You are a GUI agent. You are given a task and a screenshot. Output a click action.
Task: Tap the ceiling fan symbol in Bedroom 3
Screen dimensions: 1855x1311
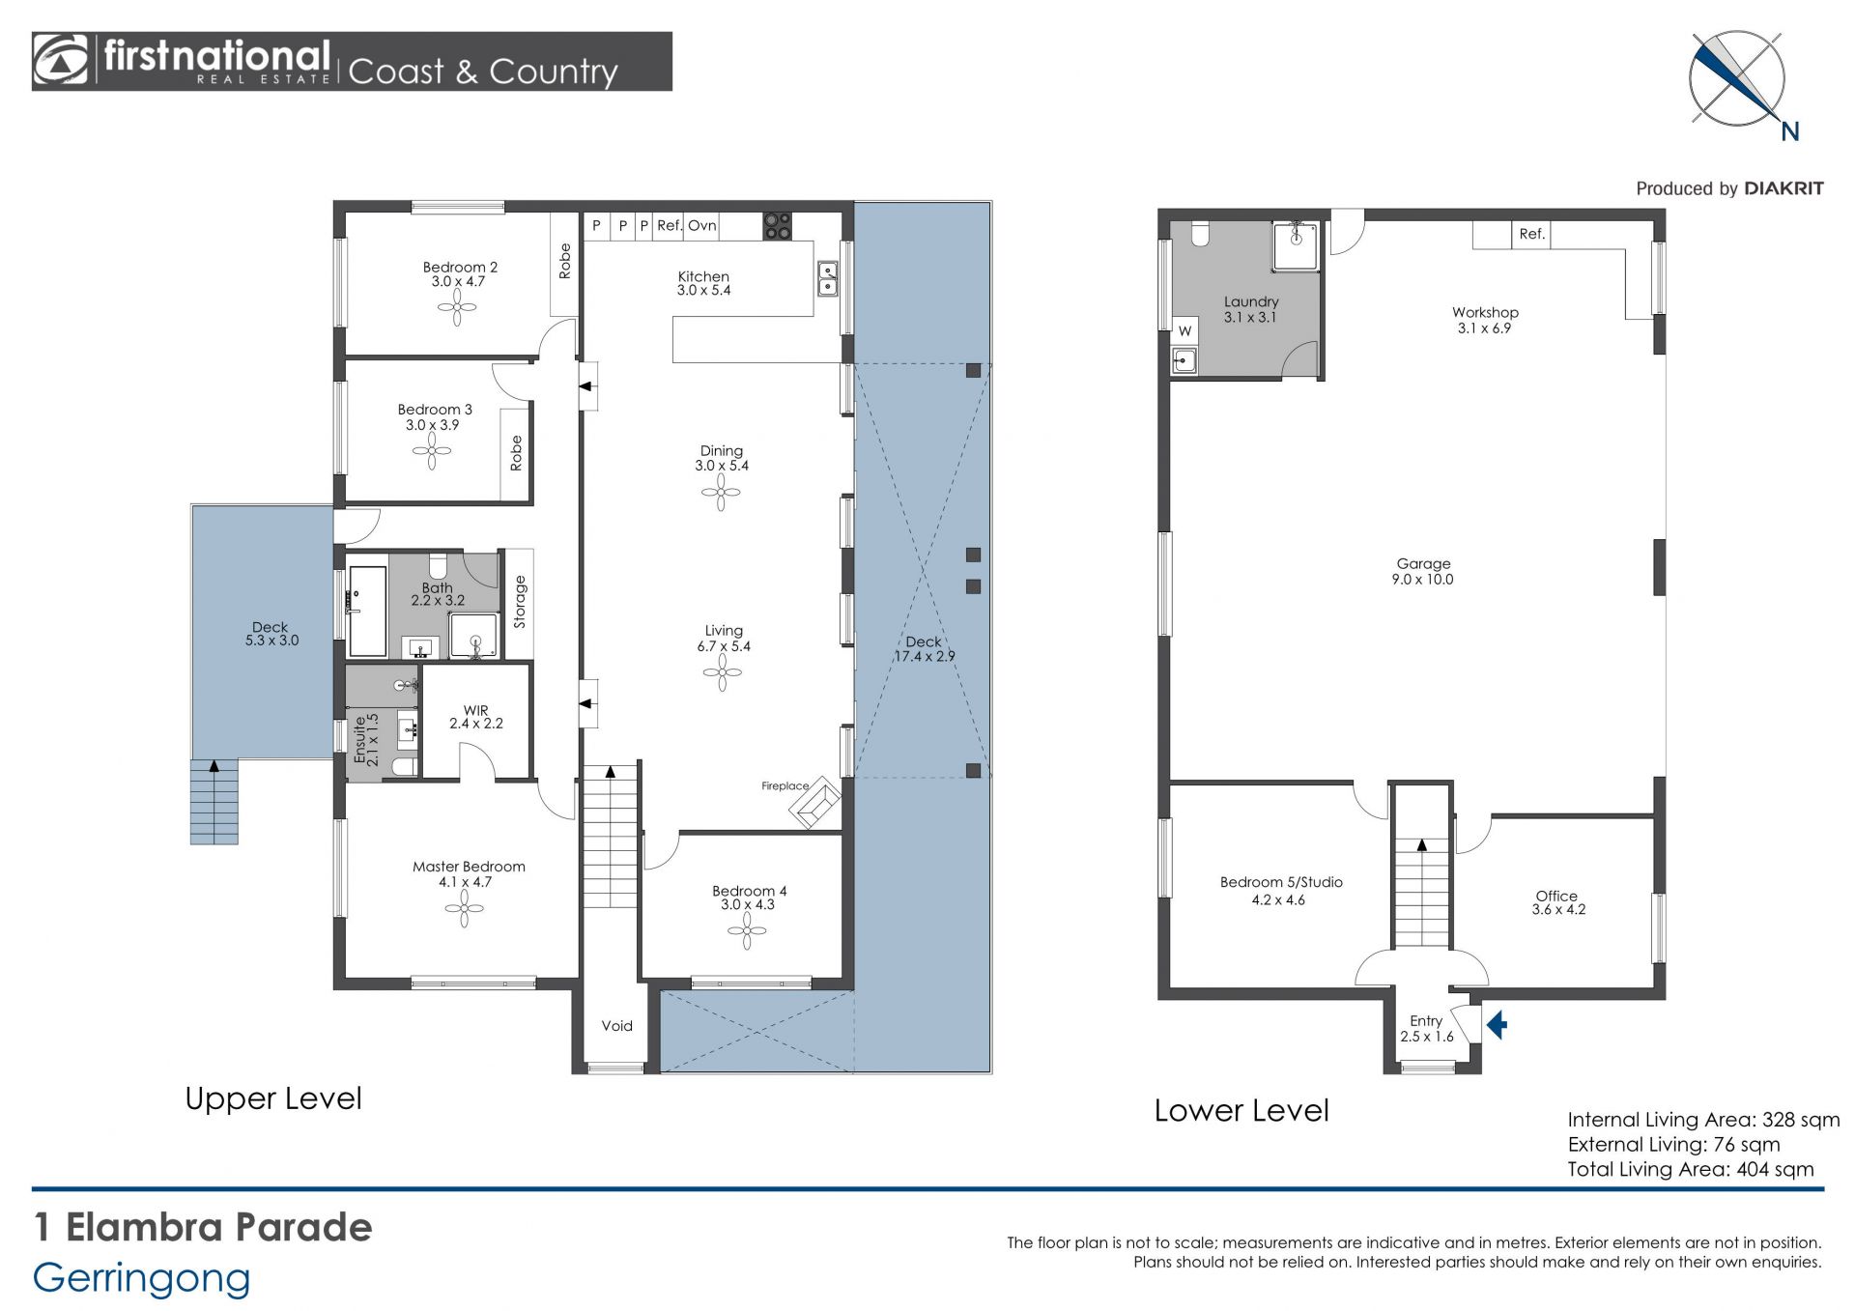(x=432, y=451)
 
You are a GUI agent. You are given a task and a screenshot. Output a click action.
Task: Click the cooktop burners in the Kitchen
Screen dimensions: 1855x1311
(x=778, y=226)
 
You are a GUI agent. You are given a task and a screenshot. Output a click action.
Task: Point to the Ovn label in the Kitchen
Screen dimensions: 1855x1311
(x=702, y=225)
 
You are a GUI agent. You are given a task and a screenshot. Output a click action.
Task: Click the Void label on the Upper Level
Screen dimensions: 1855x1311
(x=616, y=1026)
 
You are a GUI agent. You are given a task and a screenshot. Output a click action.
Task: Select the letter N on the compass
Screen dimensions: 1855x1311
(x=1790, y=131)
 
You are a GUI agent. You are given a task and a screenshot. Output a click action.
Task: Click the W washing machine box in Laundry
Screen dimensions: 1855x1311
(x=1184, y=330)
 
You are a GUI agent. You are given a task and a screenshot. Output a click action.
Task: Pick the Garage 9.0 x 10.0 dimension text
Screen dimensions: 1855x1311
(x=1422, y=580)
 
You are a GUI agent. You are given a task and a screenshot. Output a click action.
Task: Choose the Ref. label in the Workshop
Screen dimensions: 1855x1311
(x=1531, y=234)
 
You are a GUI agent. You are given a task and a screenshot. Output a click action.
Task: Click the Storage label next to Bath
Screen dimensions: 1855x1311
(x=520, y=602)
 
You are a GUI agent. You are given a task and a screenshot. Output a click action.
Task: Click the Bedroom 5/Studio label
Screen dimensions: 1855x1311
(x=1281, y=882)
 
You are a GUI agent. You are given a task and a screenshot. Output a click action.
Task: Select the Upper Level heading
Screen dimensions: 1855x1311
(x=273, y=1098)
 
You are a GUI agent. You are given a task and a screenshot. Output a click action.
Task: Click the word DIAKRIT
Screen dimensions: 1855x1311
(x=1784, y=188)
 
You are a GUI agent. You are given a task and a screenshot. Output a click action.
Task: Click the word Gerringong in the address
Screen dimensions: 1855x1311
(x=142, y=1279)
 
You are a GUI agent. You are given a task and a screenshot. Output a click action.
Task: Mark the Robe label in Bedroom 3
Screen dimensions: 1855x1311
(x=516, y=453)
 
